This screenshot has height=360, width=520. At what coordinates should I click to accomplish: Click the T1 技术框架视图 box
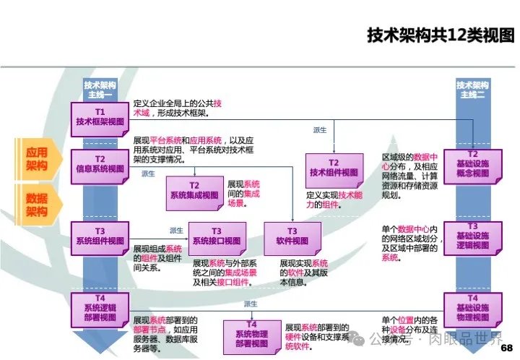(x=100, y=116)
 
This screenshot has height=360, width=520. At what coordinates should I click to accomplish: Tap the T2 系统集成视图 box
(x=194, y=190)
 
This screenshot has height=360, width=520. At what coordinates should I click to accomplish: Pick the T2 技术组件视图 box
(x=334, y=168)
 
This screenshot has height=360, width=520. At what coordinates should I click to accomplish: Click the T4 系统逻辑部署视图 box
(x=100, y=309)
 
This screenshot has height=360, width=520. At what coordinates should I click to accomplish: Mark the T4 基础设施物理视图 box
(x=472, y=307)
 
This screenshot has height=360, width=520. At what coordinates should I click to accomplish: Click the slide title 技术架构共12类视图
(x=440, y=35)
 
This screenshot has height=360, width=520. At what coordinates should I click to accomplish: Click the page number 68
(x=505, y=347)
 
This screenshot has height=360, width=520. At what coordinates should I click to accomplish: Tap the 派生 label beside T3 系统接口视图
(x=176, y=230)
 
